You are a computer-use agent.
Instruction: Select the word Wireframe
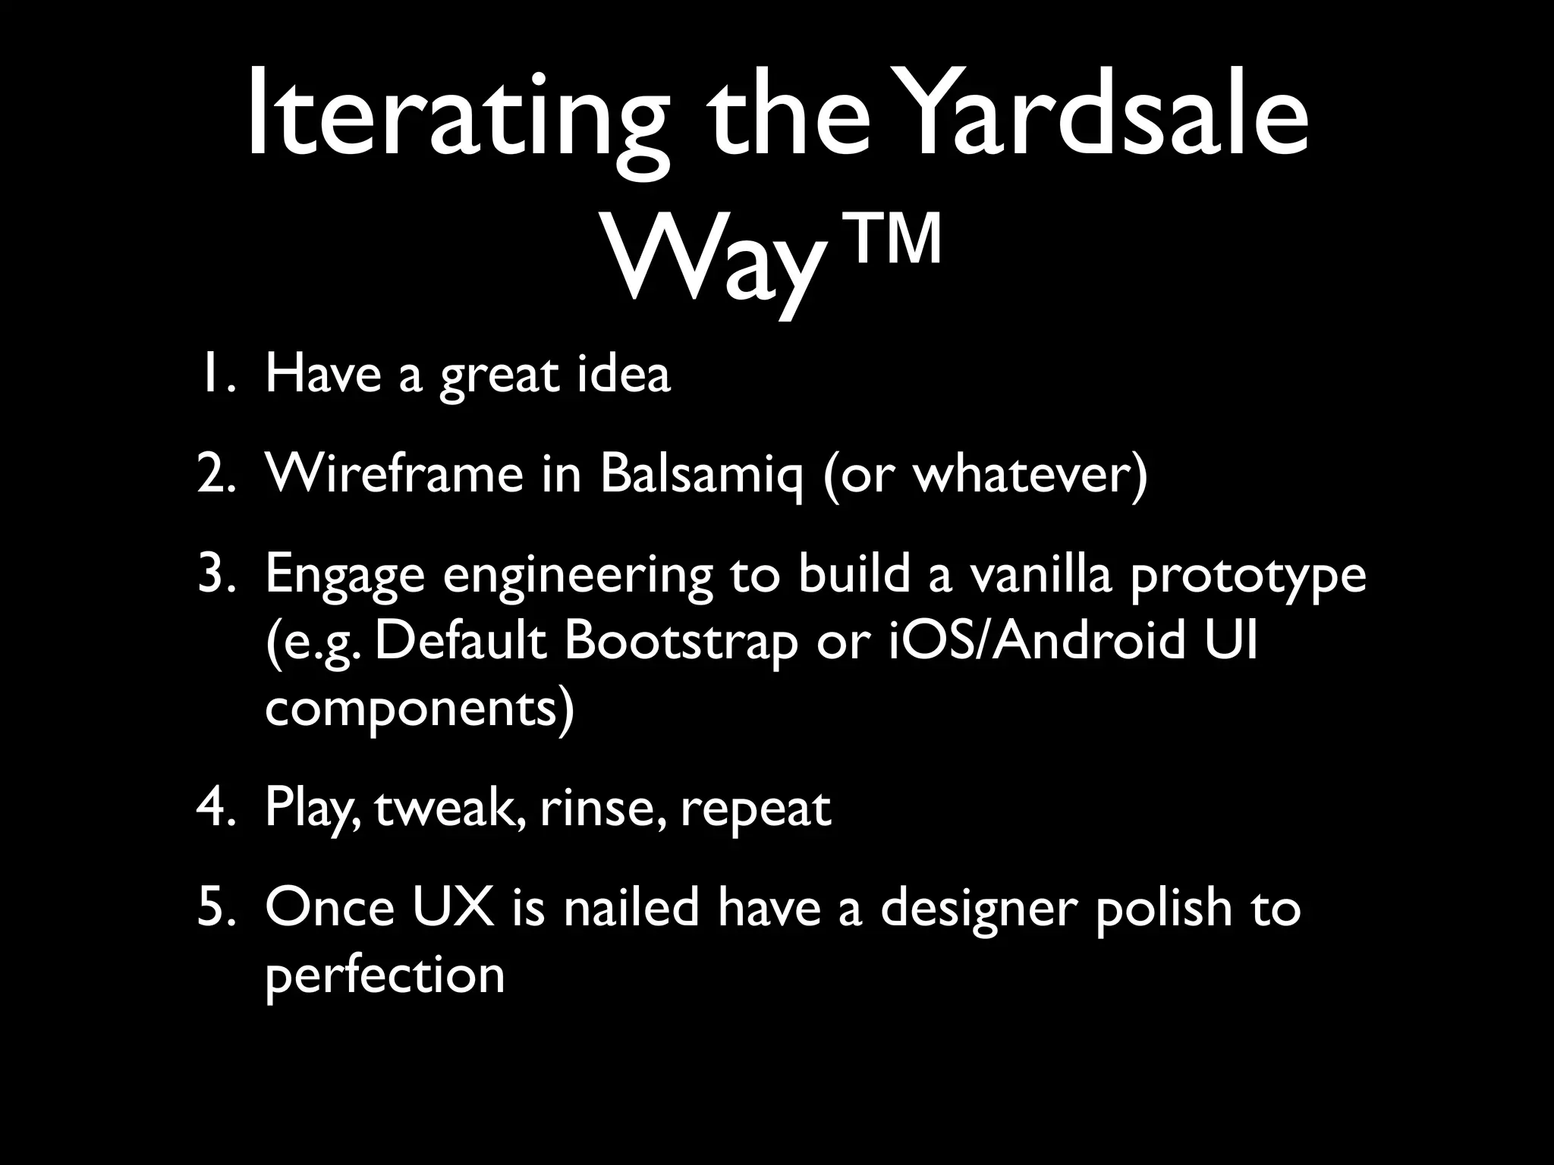395,474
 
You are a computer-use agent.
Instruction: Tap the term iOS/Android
1035,641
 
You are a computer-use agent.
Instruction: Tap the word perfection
385,977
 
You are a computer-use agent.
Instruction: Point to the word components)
420,710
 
